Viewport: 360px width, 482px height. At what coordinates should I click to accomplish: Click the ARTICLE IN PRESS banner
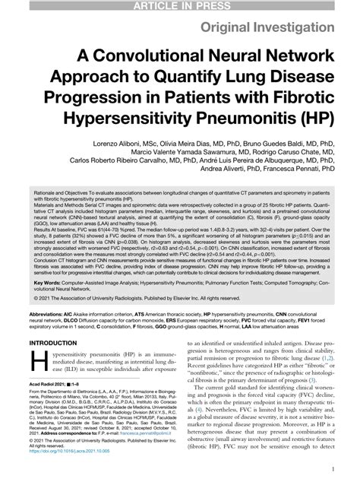[x=180, y=6]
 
